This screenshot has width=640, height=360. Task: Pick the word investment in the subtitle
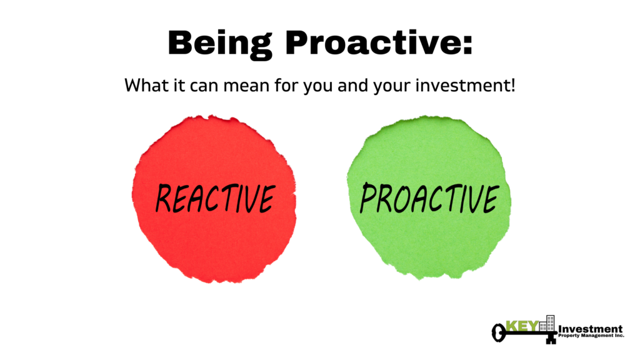point(462,85)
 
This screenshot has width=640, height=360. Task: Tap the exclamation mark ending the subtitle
point(512,85)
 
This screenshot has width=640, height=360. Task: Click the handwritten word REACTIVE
point(216,198)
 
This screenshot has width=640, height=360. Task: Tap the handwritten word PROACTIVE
point(429,198)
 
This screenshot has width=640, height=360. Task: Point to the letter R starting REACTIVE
point(164,198)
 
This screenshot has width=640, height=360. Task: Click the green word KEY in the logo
point(522,326)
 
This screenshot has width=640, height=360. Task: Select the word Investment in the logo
point(590,329)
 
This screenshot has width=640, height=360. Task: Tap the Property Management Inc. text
point(591,336)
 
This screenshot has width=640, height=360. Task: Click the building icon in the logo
point(547,323)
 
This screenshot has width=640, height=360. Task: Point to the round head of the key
point(498,332)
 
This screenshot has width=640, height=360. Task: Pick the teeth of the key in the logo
point(551,338)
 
